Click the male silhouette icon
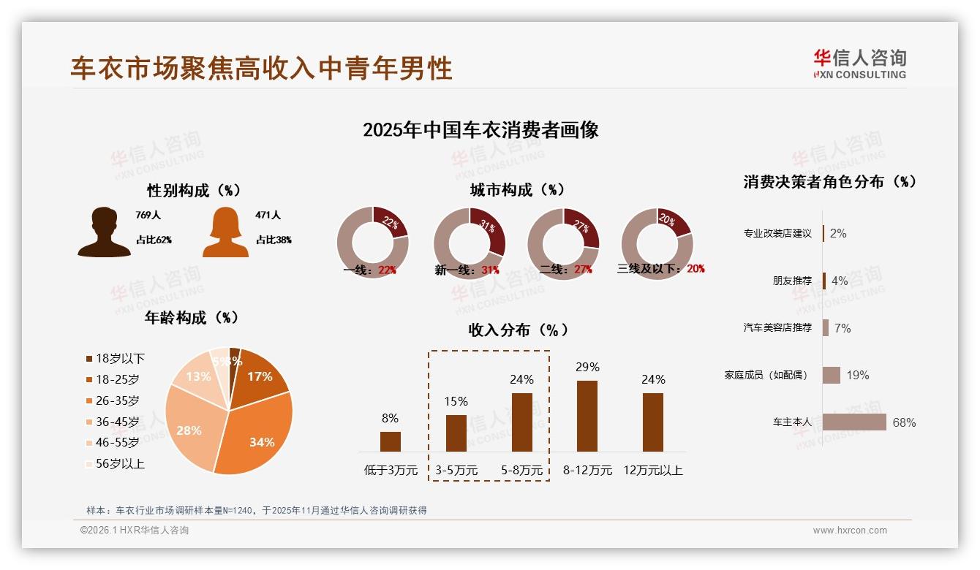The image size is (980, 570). [104, 232]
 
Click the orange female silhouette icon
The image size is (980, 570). [225, 232]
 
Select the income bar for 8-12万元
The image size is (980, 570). [587, 416]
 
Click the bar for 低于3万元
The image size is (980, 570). [391, 441]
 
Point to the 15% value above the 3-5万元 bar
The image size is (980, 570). [456, 401]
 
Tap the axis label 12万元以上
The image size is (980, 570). [653, 471]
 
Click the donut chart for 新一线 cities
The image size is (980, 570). [470, 243]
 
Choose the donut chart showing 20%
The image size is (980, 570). [657, 243]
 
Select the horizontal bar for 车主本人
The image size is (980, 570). [854, 422]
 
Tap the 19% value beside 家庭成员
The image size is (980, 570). [858, 375]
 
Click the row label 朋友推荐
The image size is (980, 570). [792, 281]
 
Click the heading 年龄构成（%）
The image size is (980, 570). [192, 317]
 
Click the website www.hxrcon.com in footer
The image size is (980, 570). [850, 531]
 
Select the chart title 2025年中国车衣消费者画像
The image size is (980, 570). [480, 130]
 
